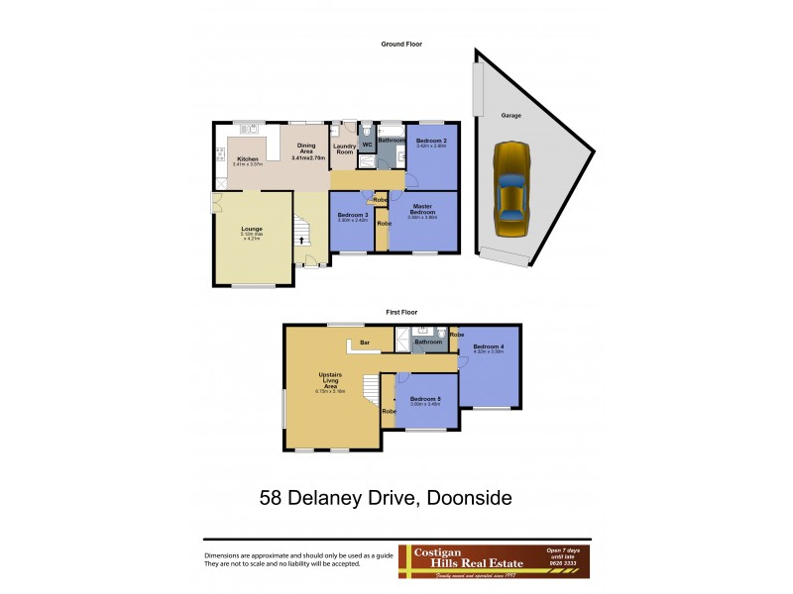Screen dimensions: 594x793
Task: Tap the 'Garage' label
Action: click(510, 116)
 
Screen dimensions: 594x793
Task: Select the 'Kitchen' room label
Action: click(247, 158)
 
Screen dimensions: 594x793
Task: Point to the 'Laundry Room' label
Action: click(344, 148)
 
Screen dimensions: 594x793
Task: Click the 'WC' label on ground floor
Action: click(366, 146)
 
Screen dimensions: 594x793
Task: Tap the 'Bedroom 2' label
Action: click(432, 142)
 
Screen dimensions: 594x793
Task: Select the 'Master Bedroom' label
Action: click(424, 211)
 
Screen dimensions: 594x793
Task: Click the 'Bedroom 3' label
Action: click(353, 216)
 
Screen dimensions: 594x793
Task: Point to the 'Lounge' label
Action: click(252, 229)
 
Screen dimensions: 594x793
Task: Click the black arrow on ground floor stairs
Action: click(301, 240)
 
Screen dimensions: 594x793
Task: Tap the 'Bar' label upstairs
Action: click(365, 344)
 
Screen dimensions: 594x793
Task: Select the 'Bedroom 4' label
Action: click(489, 347)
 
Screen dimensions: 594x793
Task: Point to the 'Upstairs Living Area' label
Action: click(330, 380)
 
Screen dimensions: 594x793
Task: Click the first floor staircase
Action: click(371, 394)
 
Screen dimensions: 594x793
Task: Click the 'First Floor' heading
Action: click(400, 312)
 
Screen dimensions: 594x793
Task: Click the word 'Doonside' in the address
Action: click(466, 497)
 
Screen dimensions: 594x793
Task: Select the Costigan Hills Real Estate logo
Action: click(494, 561)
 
